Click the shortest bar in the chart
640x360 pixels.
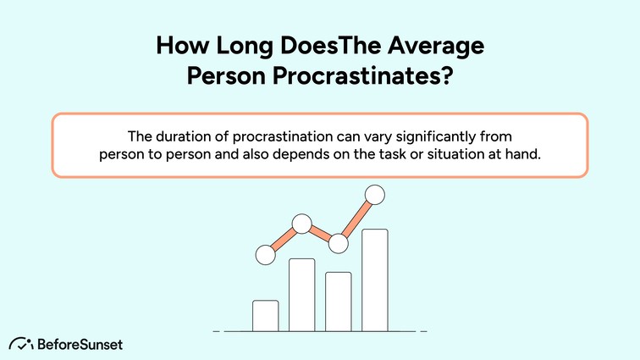(x=265, y=315)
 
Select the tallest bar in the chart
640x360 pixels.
(x=375, y=280)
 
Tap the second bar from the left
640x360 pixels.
(x=302, y=294)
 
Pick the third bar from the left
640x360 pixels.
(x=339, y=301)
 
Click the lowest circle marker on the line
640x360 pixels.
(x=265, y=252)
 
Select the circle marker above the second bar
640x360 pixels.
(x=302, y=224)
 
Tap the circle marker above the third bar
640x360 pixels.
(x=339, y=244)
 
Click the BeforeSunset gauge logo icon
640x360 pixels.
(x=21, y=343)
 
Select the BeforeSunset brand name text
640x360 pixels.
(x=80, y=344)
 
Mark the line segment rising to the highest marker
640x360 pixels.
(x=356, y=219)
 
